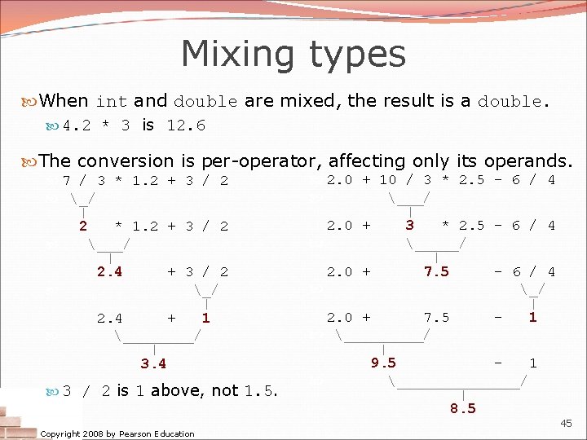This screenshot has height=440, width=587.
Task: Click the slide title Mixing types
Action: pyautogui.click(x=293, y=55)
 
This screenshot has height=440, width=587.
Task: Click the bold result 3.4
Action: pyautogui.click(x=153, y=362)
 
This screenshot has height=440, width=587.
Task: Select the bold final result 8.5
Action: pyautogui.click(x=462, y=408)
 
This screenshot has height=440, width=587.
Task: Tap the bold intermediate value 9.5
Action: pyautogui.click(x=383, y=362)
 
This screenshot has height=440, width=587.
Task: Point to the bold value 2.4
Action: pyautogui.click(x=110, y=272)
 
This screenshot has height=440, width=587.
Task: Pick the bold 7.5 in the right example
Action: pyautogui.click(x=436, y=272)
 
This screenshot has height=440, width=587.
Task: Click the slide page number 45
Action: pyautogui.click(x=566, y=423)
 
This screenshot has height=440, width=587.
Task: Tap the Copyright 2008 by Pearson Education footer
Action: pyautogui.click(x=117, y=433)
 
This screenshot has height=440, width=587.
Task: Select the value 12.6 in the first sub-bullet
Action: pyautogui.click(x=186, y=125)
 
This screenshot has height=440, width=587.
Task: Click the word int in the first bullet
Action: pyautogui.click(x=112, y=103)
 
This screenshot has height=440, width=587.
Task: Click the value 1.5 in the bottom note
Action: pyautogui.click(x=258, y=391)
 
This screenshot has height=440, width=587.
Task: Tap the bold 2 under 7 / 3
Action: pyautogui.click(x=82, y=226)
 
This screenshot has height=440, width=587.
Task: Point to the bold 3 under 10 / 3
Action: pyautogui.click(x=409, y=225)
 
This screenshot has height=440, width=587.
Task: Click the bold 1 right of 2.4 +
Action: pyautogui.click(x=205, y=318)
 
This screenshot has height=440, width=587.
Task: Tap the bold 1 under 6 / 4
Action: pyautogui.click(x=532, y=317)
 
